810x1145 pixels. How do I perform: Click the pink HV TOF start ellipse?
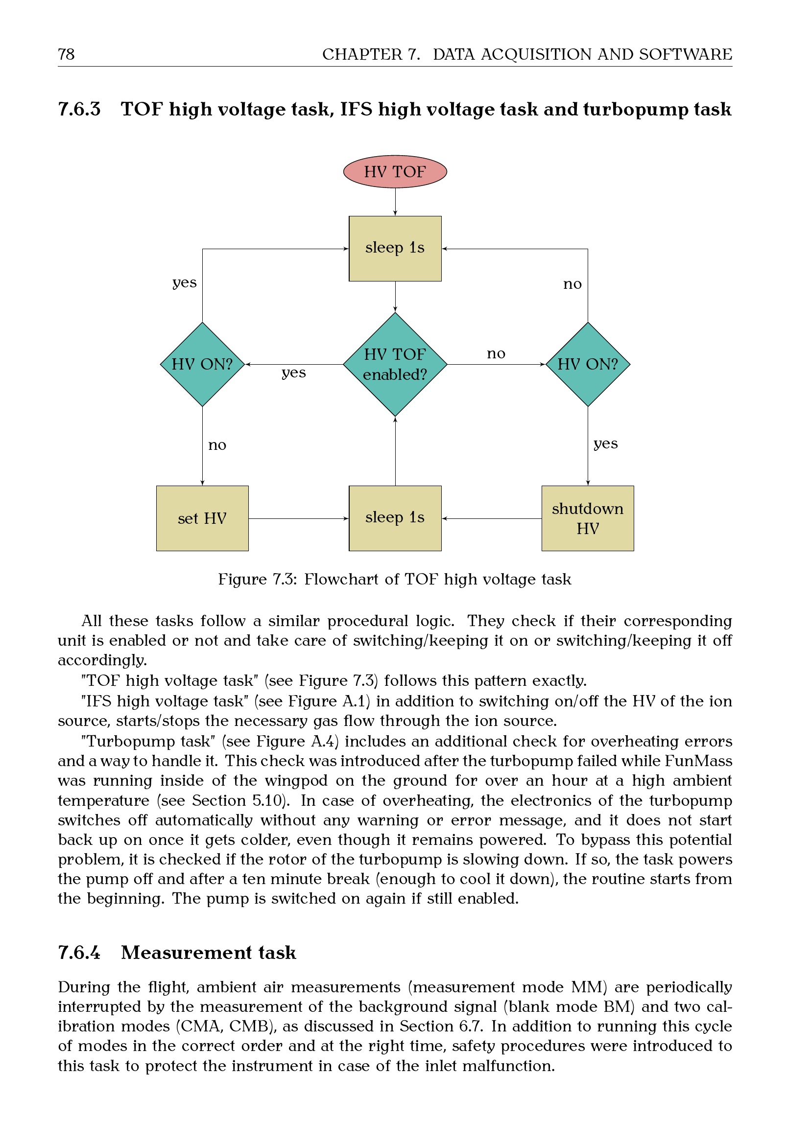point(395,171)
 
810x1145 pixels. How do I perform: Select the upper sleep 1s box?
point(395,248)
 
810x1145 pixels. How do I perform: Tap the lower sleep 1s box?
point(395,518)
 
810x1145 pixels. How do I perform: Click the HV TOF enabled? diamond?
point(395,364)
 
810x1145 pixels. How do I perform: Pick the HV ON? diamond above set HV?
point(202,364)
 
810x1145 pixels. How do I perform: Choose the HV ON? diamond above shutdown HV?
point(588,364)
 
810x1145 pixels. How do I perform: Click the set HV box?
point(202,518)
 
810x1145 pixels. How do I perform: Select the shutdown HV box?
point(588,518)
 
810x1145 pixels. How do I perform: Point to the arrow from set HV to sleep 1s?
point(298,518)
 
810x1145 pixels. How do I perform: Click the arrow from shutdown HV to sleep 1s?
point(491,518)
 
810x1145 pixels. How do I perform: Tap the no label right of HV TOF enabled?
point(496,353)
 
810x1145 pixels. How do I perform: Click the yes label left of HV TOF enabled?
point(293,373)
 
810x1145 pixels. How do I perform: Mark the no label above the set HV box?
point(217,445)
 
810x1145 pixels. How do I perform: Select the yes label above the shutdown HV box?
point(605,444)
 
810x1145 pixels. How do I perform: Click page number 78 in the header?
point(66,54)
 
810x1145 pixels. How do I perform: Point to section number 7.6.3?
point(79,109)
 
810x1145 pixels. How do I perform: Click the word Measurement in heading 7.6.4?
point(186,953)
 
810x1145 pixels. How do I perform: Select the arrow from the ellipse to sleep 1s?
point(395,202)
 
